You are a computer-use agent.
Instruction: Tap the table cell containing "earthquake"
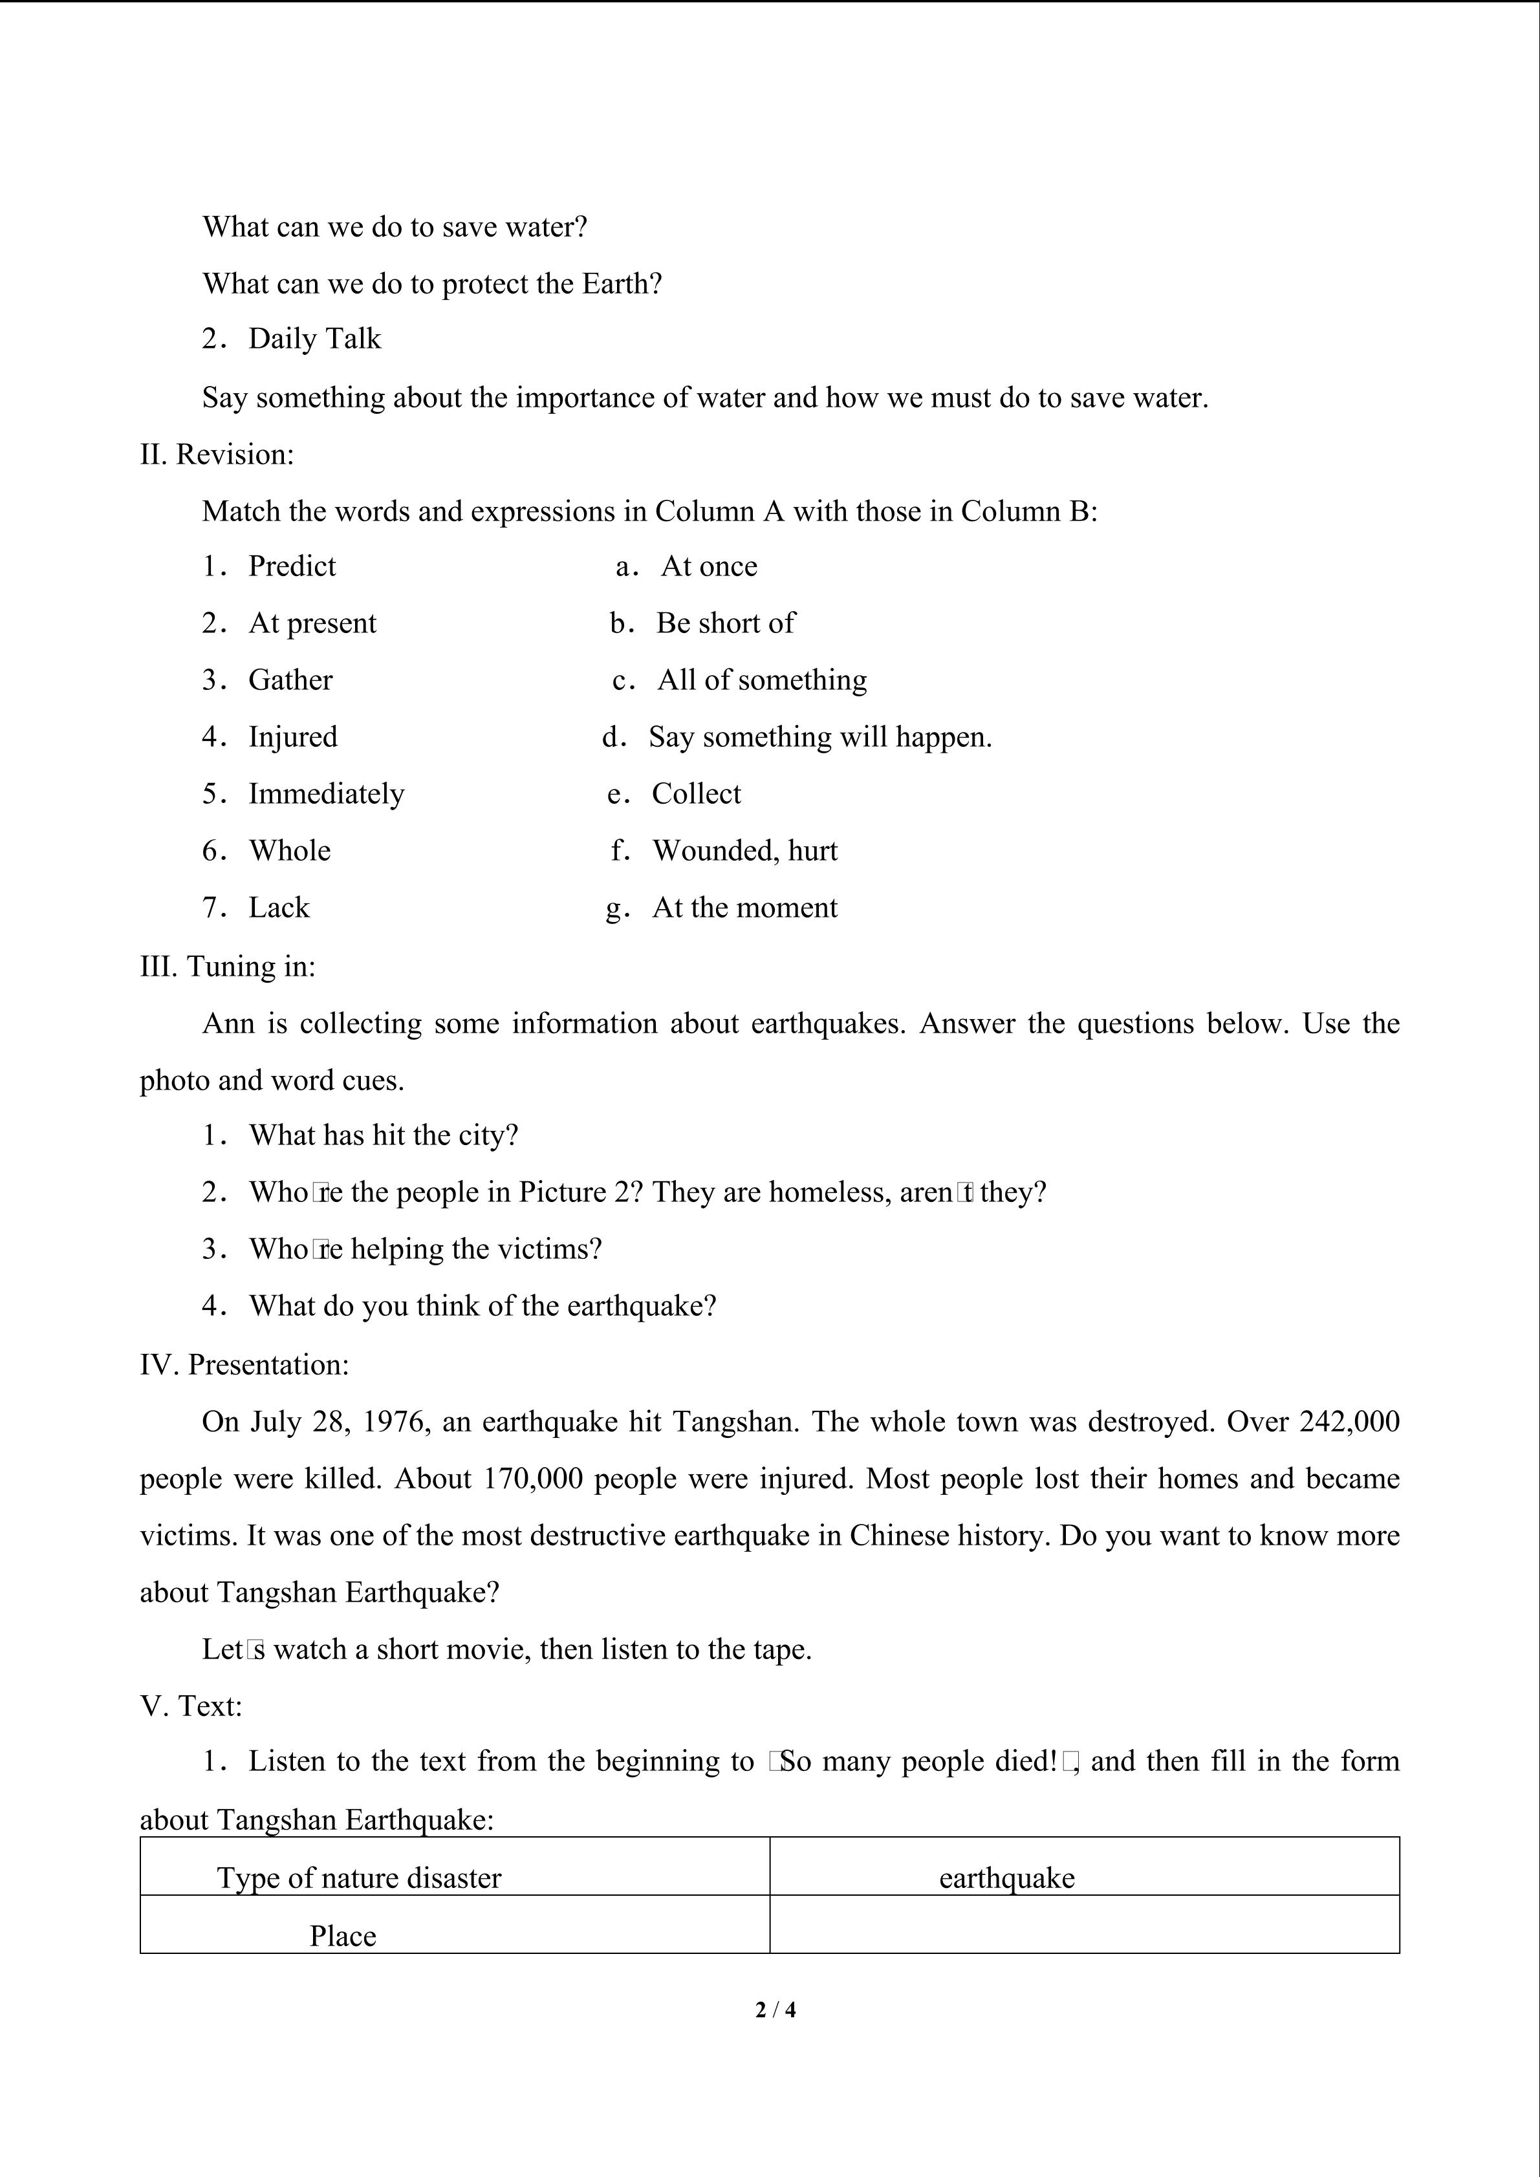[1007, 1878]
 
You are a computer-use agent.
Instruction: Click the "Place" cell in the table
[343, 1935]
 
